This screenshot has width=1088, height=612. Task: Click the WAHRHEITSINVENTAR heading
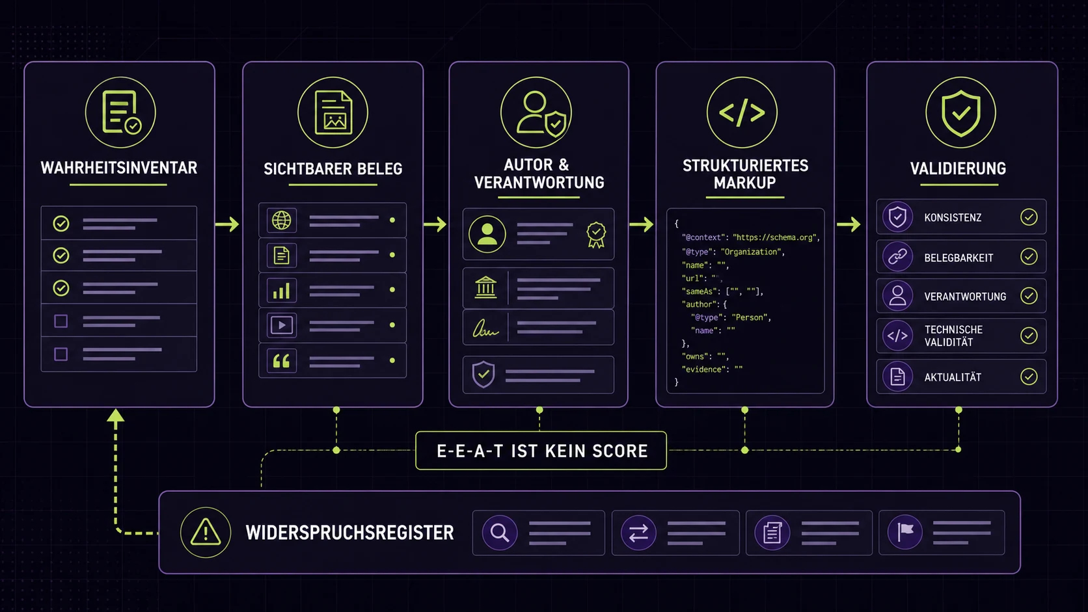pyautogui.click(x=119, y=168)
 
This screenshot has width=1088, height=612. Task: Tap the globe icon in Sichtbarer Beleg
pyautogui.click(x=281, y=220)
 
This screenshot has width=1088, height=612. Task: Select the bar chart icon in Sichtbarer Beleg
pyautogui.click(x=281, y=290)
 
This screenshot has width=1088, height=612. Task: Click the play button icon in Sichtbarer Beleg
pyautogui.click(x=281, y=325)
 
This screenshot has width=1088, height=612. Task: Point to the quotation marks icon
pyautogui.click(x=281, y=361)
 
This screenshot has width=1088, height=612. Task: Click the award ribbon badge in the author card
pyautogui.click(x=596, y=235)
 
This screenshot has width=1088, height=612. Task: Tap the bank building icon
pyautogui.click(x=485, y=287)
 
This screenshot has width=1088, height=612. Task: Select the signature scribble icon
pyautogui.click(x=485, y=329)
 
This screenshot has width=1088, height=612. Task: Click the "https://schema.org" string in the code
pyautogui.click(x=775, y=237)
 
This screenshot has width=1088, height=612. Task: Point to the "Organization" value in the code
pyautogui.click(x=751, y=252)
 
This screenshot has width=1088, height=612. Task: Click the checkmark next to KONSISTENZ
pyautogui.click(x=1029, y=217)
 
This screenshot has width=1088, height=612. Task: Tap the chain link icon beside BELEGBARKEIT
pyautogui.click(x=897, y=257)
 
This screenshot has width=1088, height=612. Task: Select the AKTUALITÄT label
pyautogui.click(x=952, y=377)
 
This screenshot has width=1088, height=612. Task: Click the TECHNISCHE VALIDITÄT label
pyautogui.click(x=953, y=336)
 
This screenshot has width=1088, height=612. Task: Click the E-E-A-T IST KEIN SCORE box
pyautogui.click(x=541, y=451)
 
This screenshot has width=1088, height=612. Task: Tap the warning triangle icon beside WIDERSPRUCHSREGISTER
pyautogui.click(x=206, y=532)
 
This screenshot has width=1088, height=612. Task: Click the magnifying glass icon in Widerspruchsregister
pyautogui.click(x=500, y=533)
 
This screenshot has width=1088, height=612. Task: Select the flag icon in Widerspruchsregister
pyautogui.click(x=905, y=532)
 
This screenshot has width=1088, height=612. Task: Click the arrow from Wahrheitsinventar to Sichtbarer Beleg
pyautogui.click(x=227, y=224)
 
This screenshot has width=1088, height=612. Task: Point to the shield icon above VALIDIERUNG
pyautogui.click(x=960, y=113)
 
